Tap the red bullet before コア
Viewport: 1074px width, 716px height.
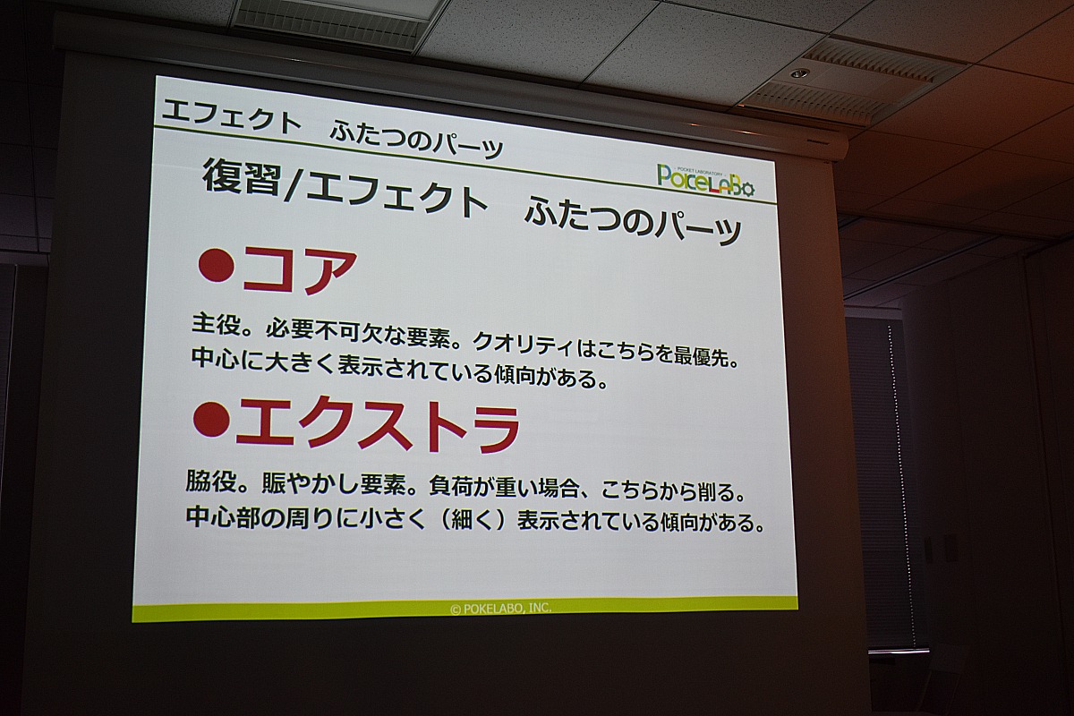click(x=216, y=266)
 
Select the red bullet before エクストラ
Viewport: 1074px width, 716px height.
click(x=211, y=419)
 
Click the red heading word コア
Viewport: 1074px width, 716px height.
click(x=300, y=270)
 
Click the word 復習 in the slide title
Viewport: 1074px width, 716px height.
click(x=242, y=176)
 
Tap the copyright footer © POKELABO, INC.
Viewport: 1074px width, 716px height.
click(x=500, y=608)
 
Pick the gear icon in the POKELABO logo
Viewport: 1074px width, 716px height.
click(x=744, y=188)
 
